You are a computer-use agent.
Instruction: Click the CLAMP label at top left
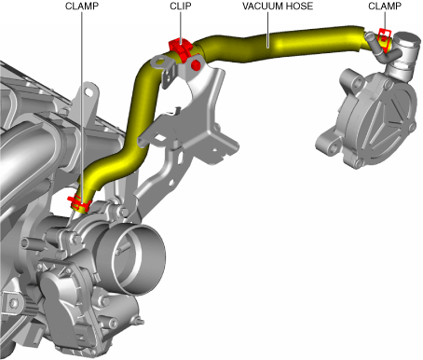[82, 6]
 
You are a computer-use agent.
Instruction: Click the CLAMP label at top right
[385, 6]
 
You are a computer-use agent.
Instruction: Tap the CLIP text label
[181, 6]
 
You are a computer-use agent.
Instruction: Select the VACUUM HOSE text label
[278, 6]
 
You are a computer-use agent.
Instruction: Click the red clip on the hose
[181, 49]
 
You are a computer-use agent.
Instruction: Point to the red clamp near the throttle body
[79, 202]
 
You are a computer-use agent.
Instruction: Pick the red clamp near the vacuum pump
[385, 39]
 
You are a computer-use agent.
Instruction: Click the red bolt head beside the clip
[196, 65]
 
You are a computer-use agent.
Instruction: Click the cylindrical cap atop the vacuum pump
[407, 41]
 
